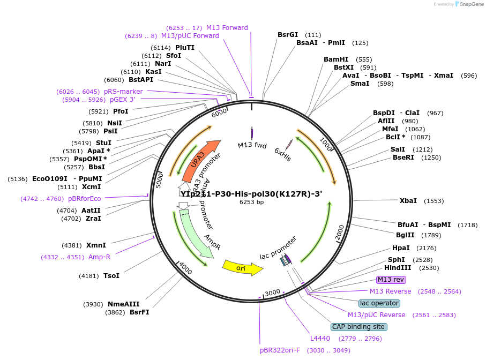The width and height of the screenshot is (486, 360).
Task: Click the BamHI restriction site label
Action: (x=336, y=59)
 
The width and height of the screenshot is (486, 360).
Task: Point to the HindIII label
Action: (x=398, y=268)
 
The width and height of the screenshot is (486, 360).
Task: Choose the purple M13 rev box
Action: (x=391, y=280)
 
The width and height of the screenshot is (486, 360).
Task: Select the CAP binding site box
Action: (x=358, y=327)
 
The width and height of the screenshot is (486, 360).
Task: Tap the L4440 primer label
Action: (x=320, y=339)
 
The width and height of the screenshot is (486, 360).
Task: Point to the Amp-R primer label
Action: (x=99, y=257)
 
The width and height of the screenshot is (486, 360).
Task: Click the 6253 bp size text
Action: (x=251, y=202)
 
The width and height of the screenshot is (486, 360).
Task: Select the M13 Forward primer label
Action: (x=227, y=28)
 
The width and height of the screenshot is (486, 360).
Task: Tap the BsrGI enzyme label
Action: (x=288, y=35)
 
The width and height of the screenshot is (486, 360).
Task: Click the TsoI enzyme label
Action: (x=111, y=276)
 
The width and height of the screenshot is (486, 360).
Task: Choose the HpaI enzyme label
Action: (x=401, y=248)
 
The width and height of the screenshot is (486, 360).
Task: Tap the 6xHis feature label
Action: (x=282, y=154)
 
